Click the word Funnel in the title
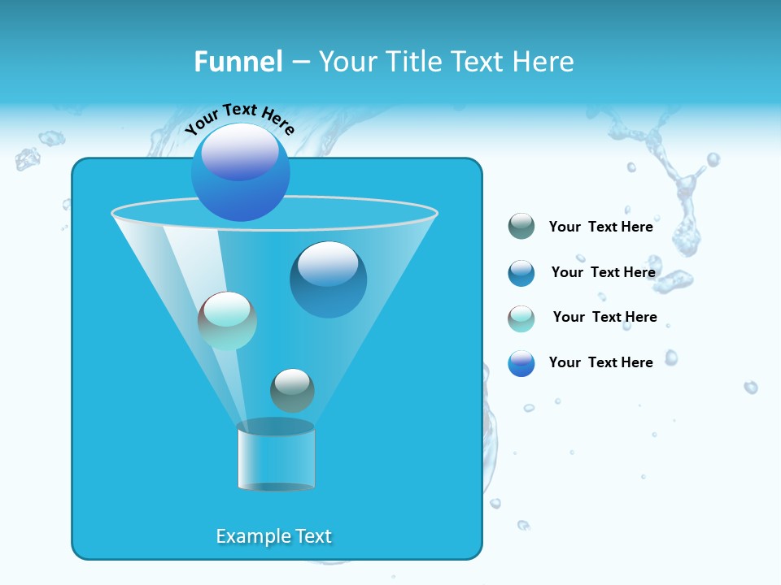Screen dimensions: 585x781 (238, 62)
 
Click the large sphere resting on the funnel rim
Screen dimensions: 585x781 (240, 172)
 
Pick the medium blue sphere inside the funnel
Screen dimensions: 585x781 (328, 279)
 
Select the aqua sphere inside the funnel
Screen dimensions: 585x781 (227, 321)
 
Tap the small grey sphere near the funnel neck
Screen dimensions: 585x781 (292, 391)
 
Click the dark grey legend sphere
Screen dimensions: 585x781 (521, 227)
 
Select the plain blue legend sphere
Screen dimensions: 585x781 (521, 273)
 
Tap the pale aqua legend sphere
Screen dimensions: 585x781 (521, 318)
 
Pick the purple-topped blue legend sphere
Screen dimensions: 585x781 (521, 363)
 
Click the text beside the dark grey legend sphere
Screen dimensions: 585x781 (600, 227)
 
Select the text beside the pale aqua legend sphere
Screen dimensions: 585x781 (604, 317)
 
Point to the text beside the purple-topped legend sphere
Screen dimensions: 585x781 (600, 362)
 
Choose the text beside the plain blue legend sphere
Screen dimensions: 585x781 (603, 272)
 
